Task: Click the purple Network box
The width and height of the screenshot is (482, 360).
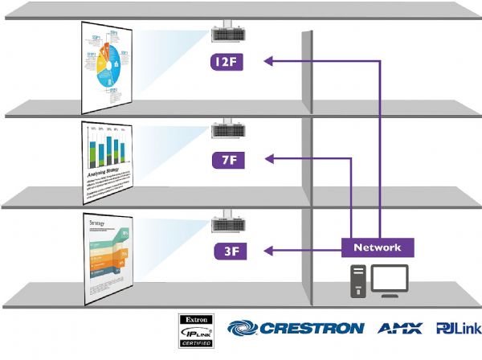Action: pos(377,247)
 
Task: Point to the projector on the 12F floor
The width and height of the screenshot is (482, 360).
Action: pos(227,33)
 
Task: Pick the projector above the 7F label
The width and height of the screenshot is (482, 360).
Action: pos(227,131)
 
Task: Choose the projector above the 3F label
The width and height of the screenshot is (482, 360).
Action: pos(227,223)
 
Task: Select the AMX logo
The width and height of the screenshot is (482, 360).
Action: pos(398,328)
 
